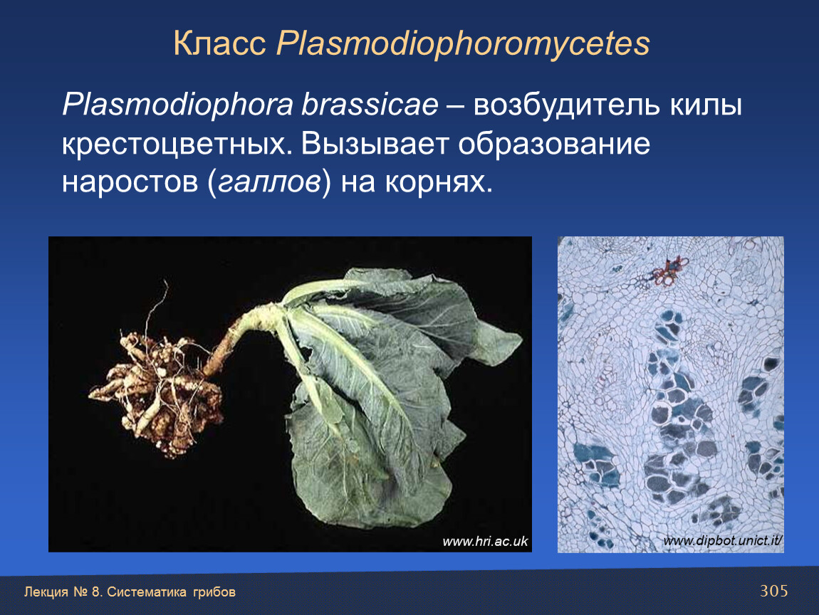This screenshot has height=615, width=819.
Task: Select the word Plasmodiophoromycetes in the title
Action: [463, 44]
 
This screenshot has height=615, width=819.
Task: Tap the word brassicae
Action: [370, 105]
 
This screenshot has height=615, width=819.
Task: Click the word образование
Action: [554, 144]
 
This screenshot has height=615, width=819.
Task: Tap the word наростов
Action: [130, 183]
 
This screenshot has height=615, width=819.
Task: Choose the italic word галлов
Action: [269, 183]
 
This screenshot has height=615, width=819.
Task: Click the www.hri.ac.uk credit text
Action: [485, 542]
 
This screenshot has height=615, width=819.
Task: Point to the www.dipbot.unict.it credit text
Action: [723, 540]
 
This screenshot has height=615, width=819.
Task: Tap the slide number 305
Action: [773, 591]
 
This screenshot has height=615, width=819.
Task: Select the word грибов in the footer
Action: [214, 592]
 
